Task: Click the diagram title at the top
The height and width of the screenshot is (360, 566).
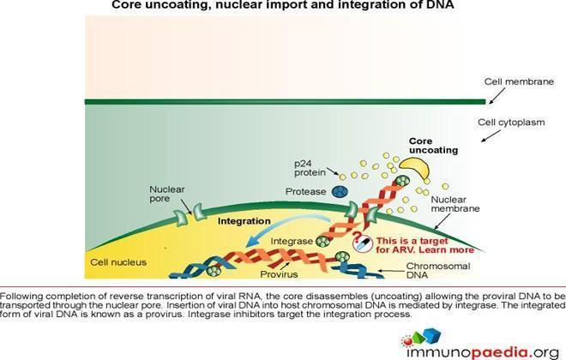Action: pos(283,5)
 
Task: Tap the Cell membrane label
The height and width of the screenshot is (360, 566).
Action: pos(519,82)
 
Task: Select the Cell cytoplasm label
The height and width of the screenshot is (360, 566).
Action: pos(511,123)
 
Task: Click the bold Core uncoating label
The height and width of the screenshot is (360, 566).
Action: pos(433,146)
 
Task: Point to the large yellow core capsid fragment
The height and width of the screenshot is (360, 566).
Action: pos(415,166)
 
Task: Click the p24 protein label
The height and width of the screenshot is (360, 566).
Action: pos(310,168)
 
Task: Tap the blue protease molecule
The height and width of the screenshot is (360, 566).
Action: pos(340,191)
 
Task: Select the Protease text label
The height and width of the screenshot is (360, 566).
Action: pos(305,191)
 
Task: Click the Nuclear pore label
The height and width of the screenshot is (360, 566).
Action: pos(166,194)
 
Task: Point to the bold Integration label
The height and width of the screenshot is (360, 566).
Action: pos(244,221)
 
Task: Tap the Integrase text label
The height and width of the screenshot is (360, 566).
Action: pos(292,241)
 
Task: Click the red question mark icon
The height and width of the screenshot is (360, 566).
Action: pos(357,237)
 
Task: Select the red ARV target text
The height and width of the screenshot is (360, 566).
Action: pos(424,246)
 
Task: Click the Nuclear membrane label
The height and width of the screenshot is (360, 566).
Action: pos(455,204)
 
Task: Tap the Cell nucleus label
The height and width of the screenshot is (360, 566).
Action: pos(118,262)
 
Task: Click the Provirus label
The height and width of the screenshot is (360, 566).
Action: pos(279,274)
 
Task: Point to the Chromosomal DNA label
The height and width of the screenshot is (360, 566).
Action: pos(438,271)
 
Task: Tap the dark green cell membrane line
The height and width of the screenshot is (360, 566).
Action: pos(286,102)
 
